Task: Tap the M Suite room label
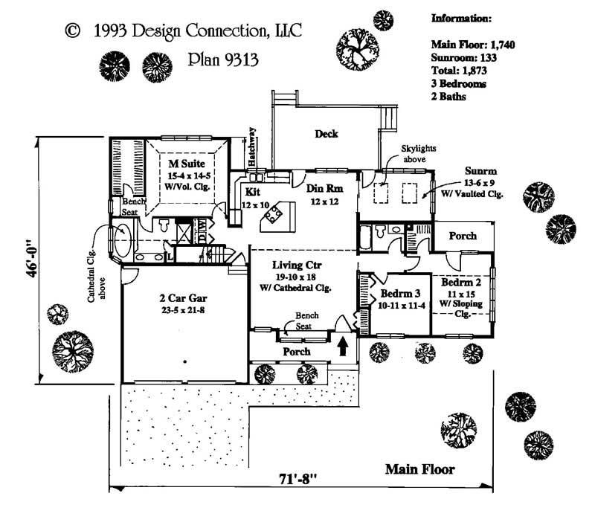183,164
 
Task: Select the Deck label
326,135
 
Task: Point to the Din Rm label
323,189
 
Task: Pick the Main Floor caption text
419,469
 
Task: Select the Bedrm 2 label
461,283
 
